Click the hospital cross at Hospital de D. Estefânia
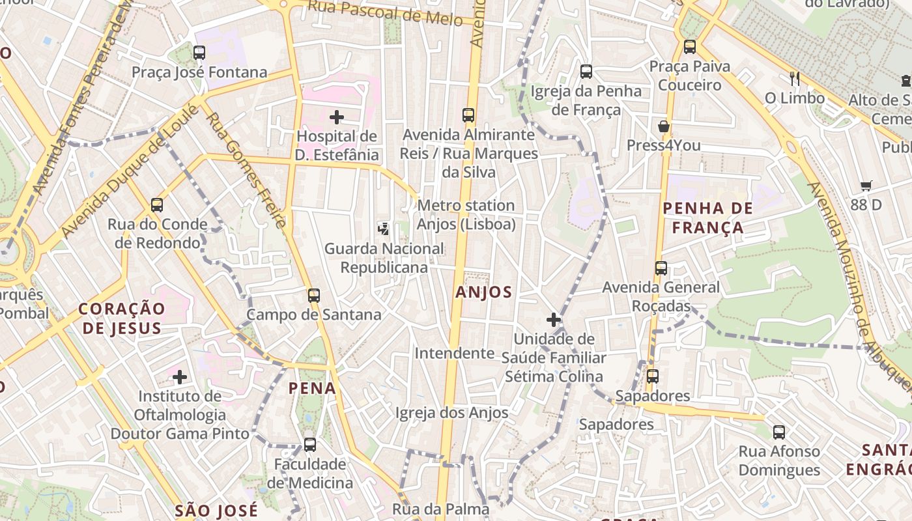tap(337, 117)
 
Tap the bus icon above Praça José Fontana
tap(199, 53)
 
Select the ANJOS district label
tap(483, 292)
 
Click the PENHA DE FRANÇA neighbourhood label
tap(707, 218)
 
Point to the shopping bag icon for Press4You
tap(664, 126)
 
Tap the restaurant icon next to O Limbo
tap(794, 79)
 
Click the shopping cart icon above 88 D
tap(866, 186)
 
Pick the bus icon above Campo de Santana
tap(314, 296)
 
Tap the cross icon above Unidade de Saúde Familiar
tap(554, 320)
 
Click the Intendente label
tap(455, 353)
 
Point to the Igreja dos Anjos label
tap(451, 413)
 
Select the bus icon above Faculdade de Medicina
tap(310, 445)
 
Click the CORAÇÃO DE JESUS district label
tap(122, 318)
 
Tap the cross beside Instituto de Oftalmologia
tap(180, 377)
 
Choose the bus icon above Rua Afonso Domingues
tap(779, 432)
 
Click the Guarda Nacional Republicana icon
tap(384, 229)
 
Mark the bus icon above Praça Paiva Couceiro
tap(690, 47)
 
